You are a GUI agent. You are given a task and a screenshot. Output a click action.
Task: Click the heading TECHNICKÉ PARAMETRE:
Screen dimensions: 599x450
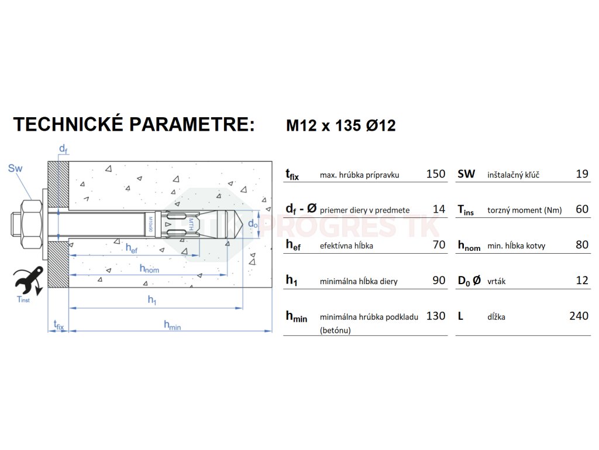coord(134,125)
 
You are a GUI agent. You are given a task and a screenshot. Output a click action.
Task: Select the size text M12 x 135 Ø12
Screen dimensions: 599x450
coord(340,125)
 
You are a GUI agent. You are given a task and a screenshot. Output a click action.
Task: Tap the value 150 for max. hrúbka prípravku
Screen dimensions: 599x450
coord(436,174)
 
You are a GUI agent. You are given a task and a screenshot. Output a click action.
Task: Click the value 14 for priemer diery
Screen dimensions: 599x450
coord(439,209)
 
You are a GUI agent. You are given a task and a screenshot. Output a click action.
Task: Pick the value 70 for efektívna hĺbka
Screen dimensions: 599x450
coord(439,245)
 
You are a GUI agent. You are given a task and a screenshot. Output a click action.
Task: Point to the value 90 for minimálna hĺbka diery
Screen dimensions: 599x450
coord(439,281)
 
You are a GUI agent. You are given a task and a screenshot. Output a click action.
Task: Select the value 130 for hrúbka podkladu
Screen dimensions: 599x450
coord(436,316)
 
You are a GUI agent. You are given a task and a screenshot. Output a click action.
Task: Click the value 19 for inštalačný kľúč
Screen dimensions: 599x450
coord(582,174)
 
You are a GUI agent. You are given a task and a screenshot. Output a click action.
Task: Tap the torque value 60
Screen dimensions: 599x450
coord(582,209)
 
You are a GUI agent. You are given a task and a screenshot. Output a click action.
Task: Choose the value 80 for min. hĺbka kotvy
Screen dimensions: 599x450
coord(582,245)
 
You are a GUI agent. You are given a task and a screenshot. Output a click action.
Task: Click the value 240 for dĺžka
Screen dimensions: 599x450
coord(579,316)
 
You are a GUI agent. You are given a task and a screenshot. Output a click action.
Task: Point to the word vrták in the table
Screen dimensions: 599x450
coord(497,281)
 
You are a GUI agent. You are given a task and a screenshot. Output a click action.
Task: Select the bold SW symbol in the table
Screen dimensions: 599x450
coord(466,174)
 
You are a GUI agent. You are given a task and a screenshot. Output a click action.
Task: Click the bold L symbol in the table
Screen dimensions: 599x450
coord(460,316)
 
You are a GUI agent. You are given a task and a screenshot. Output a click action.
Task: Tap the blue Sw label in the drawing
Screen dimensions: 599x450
coord(15,169)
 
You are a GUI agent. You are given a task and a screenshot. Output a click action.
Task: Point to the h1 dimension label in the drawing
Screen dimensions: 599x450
coord(152,300)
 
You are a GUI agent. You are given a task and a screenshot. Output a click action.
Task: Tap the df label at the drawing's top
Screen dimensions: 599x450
coord(63,150)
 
